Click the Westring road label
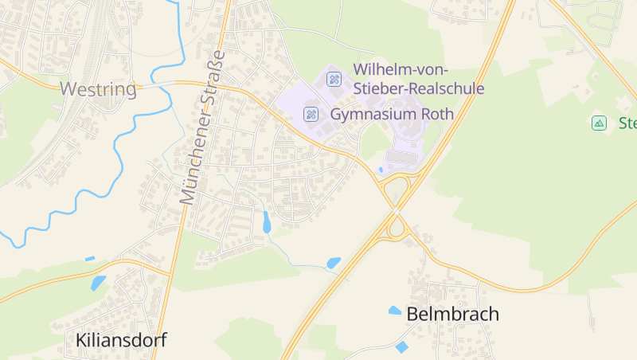click(99, 88)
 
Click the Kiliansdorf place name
click(121, 340)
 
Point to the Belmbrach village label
click(452, 314)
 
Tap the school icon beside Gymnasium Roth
click(311, 115)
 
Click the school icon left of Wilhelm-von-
click(334, 79)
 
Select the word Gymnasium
click(373, 114)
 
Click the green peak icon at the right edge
click(599, 123)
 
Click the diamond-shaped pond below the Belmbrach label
click(401, 346)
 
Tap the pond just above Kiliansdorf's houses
click(98, 283)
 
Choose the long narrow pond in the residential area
click(267, 222)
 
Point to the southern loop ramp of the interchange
click(396, 230)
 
